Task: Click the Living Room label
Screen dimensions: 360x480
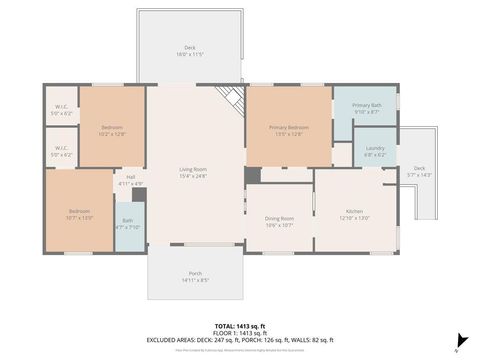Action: pos(194,169)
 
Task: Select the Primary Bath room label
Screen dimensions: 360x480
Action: pos(366,105)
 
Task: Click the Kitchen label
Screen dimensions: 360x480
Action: pos(354,211)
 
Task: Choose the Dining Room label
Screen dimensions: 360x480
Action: pos(279,218)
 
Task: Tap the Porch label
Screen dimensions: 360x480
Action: pos(195,273)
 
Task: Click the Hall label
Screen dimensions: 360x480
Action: pos(131,177)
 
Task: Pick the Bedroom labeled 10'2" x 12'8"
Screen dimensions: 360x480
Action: pos(112,127)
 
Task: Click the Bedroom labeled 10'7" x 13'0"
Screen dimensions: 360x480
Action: pos(79,211)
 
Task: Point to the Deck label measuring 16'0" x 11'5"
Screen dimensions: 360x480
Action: pos(189,48)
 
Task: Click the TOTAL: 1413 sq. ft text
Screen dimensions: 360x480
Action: pos(239,326)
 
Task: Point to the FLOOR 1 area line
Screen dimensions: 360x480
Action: pos(239,333)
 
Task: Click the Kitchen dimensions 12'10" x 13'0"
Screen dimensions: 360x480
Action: pos(354,217)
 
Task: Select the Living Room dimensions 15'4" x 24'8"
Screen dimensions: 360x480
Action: pos(194,175)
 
